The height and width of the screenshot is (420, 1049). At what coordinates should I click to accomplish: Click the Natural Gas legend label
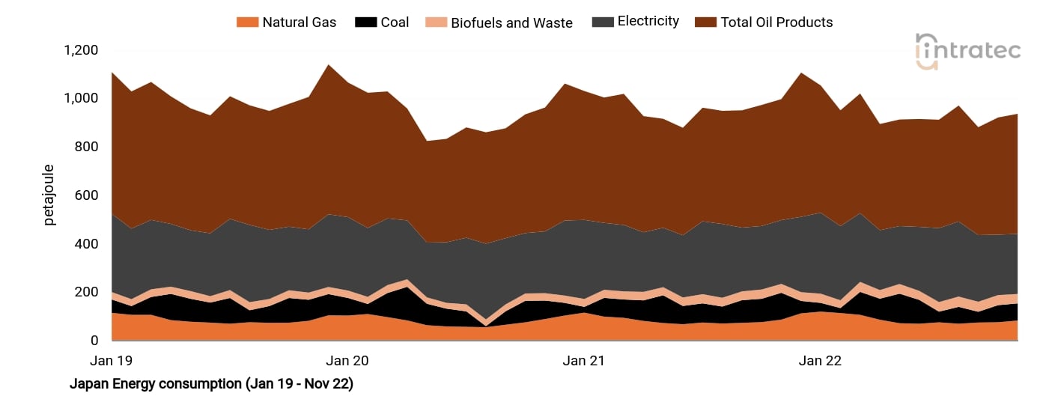click(x=299, y=22)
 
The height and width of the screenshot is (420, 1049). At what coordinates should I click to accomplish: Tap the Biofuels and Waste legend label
click(x=511, y=23)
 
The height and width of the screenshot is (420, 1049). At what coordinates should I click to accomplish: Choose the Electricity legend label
click(x=648, y=22)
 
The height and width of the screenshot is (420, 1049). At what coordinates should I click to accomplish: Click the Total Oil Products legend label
click(x=776, y=22)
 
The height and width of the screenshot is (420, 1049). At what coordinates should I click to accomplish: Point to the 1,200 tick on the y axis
click(x=81, y=50)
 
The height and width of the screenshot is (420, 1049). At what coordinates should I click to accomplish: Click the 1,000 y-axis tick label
click(x=81, y=98)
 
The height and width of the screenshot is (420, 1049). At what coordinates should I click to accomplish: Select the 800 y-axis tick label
click(x=87, y=147)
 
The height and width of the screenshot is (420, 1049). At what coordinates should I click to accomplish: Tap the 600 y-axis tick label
click(x=87, y=195)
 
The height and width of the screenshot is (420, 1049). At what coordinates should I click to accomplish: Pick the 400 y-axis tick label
click(x=87, y=244)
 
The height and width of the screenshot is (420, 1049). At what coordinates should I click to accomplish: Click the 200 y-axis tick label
click(x=87, y=292)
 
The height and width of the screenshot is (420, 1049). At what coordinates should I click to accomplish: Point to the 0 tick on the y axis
click(x=94, y=341)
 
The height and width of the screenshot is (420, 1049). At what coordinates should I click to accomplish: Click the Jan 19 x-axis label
click(x=111, y=361)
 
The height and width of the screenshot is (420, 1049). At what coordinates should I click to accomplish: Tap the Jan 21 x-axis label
click(x=583, y=361)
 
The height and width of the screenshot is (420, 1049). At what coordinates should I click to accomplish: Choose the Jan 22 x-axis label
click(x=820, y=361)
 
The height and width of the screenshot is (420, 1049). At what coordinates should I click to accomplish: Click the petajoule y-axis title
click(x=49, y=195)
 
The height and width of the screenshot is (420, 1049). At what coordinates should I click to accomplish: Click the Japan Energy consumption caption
click(x=211, y=384)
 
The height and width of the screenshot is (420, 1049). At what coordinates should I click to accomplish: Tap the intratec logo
click(x=967, y=51)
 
